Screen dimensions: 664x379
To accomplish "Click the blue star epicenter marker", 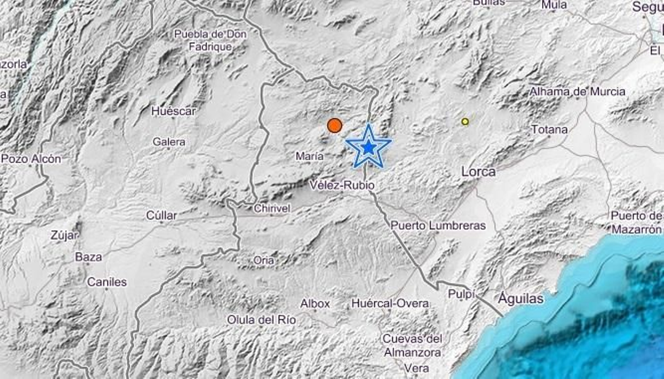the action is pyautogui.click(x=368, y=147).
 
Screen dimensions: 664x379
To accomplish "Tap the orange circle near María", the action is pyautogui.click(x=334, y=125).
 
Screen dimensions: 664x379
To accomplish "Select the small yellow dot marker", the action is pyautogui.click(x=465, y=121).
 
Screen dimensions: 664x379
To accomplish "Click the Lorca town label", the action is pyautogui.click(x=478, y=171).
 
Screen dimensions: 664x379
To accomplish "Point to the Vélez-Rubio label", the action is pyautogui.click(x=342, y=185).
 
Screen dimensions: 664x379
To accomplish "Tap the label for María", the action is pyautogui.click(x=310, y=156).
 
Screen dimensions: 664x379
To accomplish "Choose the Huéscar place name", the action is pyautogui.click(x=173, y=111).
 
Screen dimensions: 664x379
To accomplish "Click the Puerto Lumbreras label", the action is pyautogui.click(x=438, y=226).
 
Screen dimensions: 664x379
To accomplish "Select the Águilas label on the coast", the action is pyautogui.click(x=521, y=298).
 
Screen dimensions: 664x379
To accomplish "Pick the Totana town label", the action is pyautogui.click(x=549, y=130).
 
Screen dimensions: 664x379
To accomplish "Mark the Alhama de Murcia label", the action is pyautogui.click(x=577, y=92).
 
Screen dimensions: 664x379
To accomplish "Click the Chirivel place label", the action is pyautogui.click(x=272, y=208).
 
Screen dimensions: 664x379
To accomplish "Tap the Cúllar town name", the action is pyautogui.click(x=161, y=215).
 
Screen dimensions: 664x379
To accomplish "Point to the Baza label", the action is pyautogui.click(x=88, y=257).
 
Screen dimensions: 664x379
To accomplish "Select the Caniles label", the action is pyautogui.click(x=107, y=282).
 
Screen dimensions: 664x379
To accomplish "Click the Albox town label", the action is pyautogui.click(x=315, y=304).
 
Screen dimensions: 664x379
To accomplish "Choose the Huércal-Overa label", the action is pyautogui.click(x=390, y=304).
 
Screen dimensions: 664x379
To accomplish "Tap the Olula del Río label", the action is pyautogui.click(x=261, y=320).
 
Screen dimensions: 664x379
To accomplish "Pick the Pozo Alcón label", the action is pyautogui.click(x=31, y=159).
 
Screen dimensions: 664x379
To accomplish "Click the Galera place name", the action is pyautogui.click(x=169, y=142).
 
